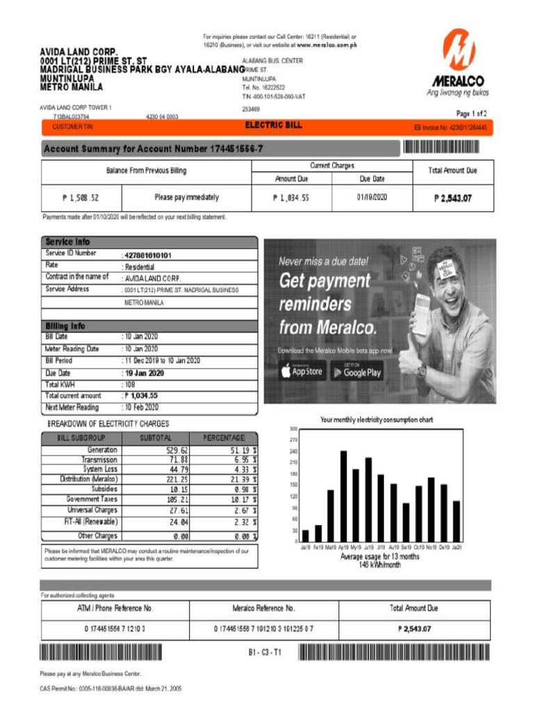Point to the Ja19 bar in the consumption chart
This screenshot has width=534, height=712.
(305, 536)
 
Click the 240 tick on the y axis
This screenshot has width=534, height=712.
(294, 451)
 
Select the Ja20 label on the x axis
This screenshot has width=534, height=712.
(457, 548)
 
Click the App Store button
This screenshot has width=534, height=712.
(302, 372)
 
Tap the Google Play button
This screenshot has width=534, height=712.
(356, 372)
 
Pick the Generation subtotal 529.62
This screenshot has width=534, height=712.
(174, 450)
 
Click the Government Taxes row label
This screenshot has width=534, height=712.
(92, 499)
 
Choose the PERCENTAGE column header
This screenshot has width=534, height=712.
(224, 438)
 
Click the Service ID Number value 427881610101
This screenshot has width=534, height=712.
(147, 255)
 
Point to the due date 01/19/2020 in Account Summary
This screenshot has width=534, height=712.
(372, 197)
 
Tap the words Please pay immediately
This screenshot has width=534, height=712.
(186, 197)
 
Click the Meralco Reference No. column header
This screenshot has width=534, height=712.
(264, 608)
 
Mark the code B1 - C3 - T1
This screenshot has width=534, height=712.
(264, 653)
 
